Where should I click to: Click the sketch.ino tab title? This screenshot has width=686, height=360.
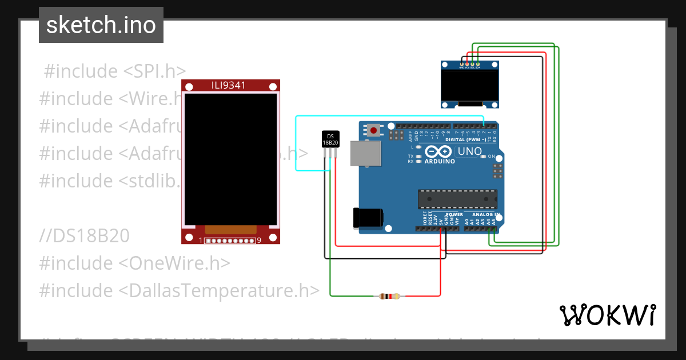101,25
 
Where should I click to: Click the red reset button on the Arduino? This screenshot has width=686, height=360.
373,130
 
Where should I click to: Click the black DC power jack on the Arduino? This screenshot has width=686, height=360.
367,219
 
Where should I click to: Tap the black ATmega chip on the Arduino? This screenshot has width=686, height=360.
457,198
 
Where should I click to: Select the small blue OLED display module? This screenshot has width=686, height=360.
470,84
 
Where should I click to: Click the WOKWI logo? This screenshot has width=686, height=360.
607,315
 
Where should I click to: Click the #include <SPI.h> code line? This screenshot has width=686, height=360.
115,71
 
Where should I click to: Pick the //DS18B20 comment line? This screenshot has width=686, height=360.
85,236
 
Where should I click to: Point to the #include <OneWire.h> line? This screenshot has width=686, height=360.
135,263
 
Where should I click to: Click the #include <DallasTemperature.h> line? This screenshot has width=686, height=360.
180,291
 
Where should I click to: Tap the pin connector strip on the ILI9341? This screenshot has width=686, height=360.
231,241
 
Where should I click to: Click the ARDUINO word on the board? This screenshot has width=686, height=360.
440,161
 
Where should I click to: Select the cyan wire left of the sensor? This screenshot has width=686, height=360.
296,143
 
